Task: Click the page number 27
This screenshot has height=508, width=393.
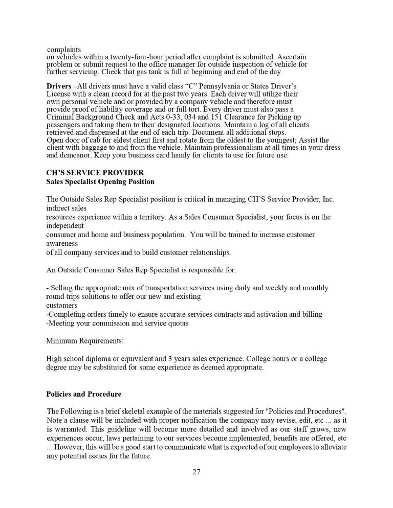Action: click(x=196, y=472)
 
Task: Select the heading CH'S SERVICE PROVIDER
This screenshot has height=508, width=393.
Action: click(x=95, y=173)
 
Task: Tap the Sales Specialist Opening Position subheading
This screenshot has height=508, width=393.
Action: click(x=100, y=181)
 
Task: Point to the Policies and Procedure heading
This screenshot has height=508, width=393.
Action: click(x=84, y=394)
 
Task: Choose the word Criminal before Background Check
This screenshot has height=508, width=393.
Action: click(x=61, y=117)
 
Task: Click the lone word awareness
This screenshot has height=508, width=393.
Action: click(x=62, y=244)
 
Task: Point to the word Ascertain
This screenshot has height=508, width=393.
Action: click(x=291, y=57)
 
